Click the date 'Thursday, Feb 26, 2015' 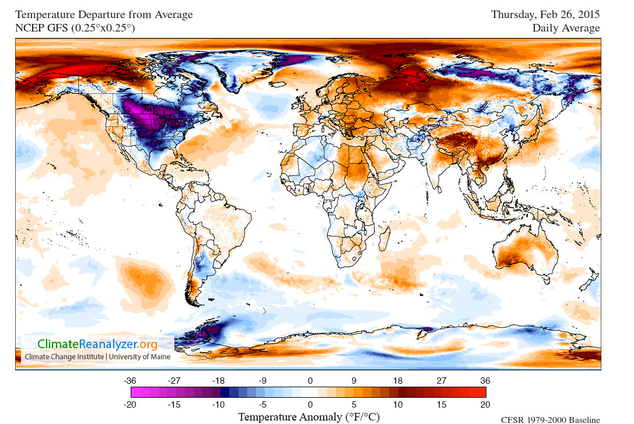click(x=545, y=14)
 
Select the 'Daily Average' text click(x=566, y=27)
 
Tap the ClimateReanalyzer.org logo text click(x=98, y=344)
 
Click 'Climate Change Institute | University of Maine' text click(x=97, y=356)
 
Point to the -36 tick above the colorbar click(x=131, y=380)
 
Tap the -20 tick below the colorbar click(x=131, y=404)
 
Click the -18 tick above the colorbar click(x=220, y=380)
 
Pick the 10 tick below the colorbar click(x=397, y=404)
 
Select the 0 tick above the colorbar click(x=310, y=380)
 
